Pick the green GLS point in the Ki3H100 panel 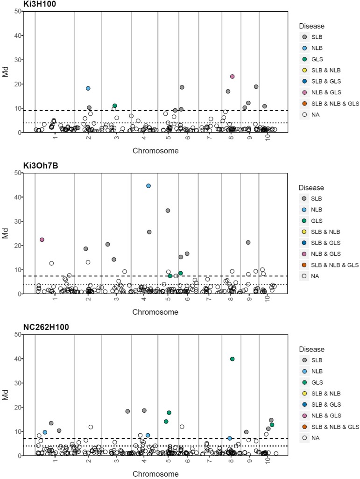114,106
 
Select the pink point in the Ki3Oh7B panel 42,239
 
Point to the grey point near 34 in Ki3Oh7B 168,211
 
